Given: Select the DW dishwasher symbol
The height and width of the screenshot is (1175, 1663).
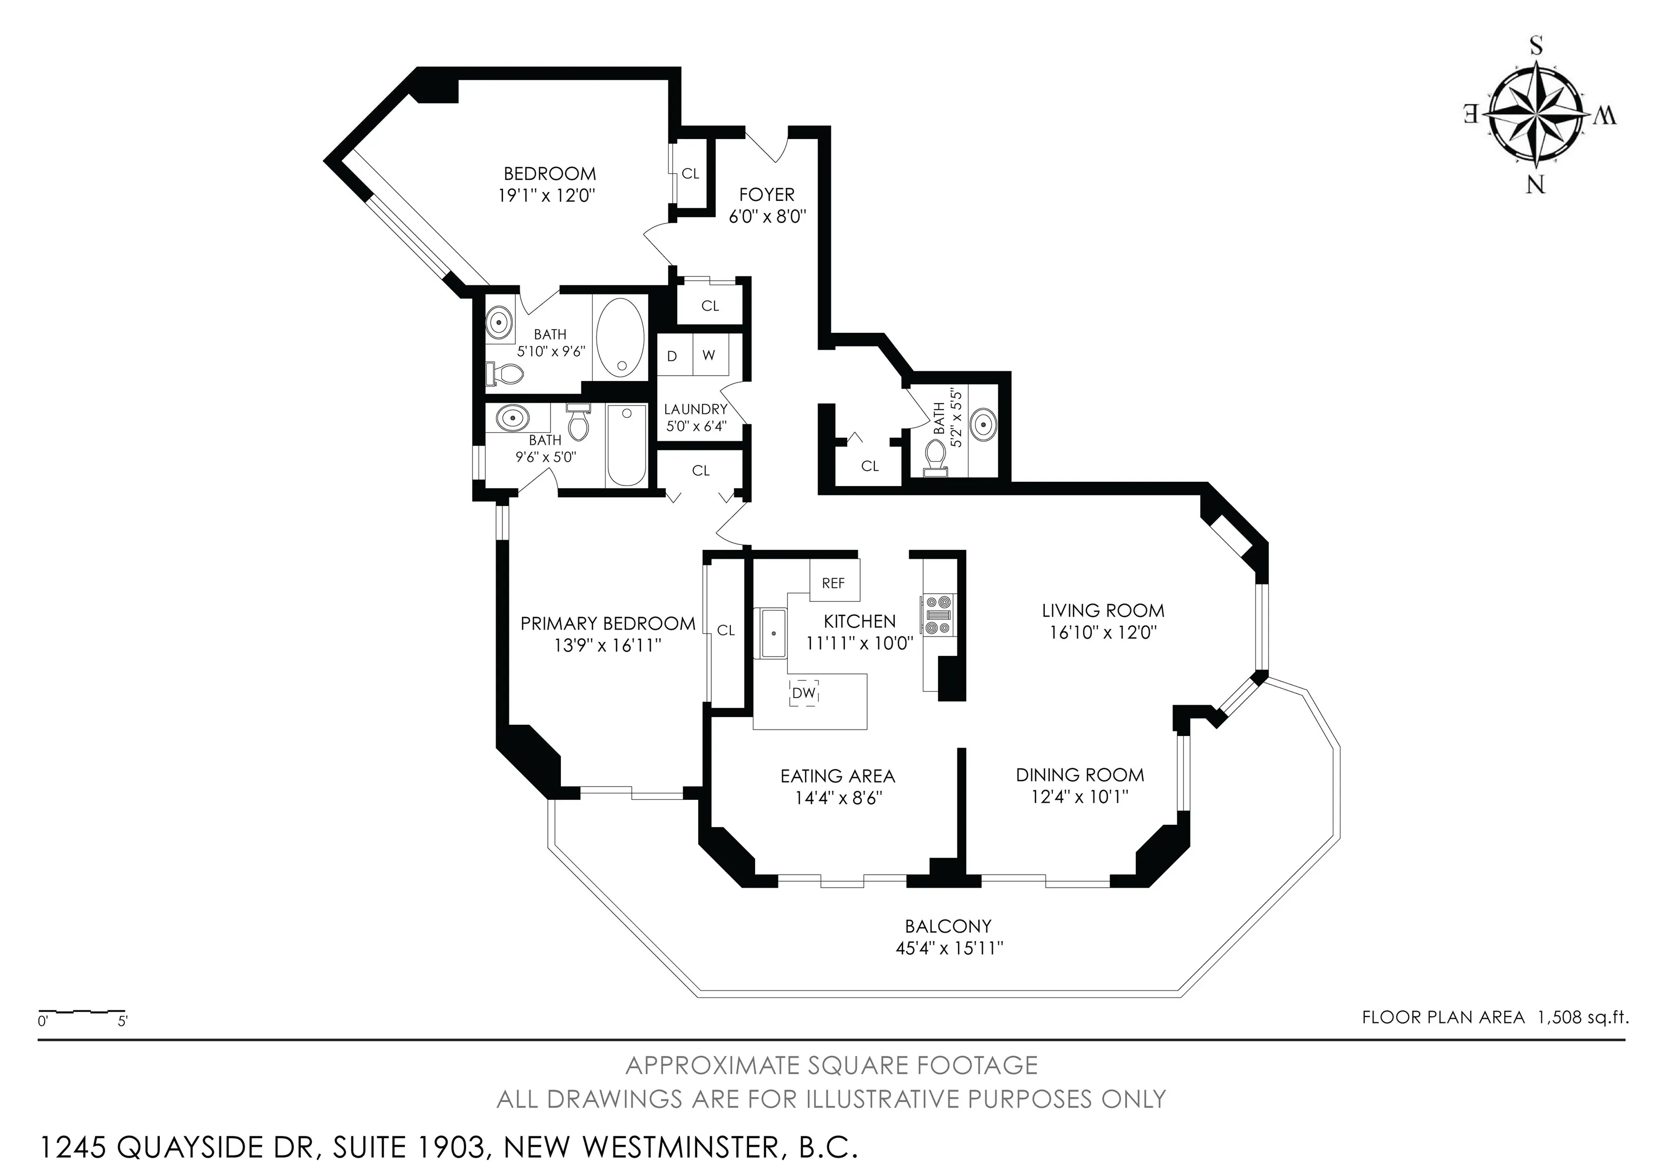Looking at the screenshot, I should [x=804, y=693].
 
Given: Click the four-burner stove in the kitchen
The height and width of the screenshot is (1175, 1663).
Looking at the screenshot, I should [x=939, y=614].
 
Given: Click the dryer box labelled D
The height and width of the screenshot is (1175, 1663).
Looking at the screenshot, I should [x=673, y=356].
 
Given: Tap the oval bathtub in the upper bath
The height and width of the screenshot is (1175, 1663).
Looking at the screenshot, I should [x=619, y=338].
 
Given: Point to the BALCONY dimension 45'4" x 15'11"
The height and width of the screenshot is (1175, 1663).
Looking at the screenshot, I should [x=949, y=948].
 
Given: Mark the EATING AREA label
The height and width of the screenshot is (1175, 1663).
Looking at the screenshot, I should [x=838, y=776].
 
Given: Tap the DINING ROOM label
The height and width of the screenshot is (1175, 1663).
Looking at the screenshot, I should [x=1080, y=774].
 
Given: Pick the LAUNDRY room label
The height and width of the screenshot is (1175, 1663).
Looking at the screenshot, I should [x=695, y=409].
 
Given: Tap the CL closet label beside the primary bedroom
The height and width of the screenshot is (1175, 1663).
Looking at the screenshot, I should [x=726, y=631].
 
